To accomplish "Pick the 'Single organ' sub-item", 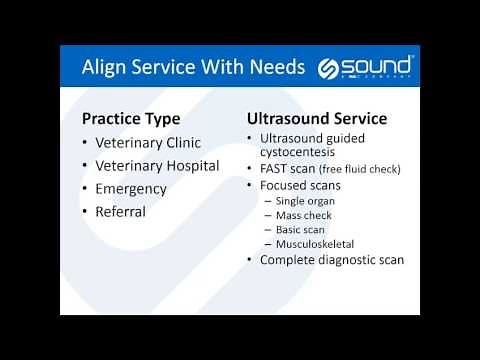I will tap(306, 201).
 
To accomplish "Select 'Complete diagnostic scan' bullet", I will tap(331, 260).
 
